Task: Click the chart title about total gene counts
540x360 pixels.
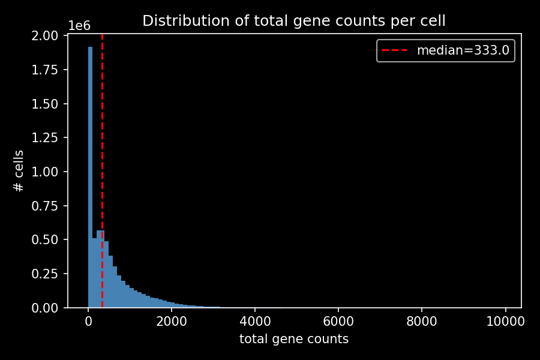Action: pyautogui.click(x=293, y=21)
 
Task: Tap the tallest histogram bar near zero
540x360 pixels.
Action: pyautogui.click(x=90, y=180)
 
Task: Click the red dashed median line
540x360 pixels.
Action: pyautogui.click(x=102, y=150)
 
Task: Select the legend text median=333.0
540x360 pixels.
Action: pyautogui.click(x=463, y=50)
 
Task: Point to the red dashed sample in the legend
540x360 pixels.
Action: pyautogui.click(x=396, y=50)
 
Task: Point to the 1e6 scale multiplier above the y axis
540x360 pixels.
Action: pyautogui.click(x=79, y=26)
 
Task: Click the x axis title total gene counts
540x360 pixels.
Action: pyautogui.click(x=293, y=339)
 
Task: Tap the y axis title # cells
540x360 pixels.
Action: pyautogui.click(x=19, y=172)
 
